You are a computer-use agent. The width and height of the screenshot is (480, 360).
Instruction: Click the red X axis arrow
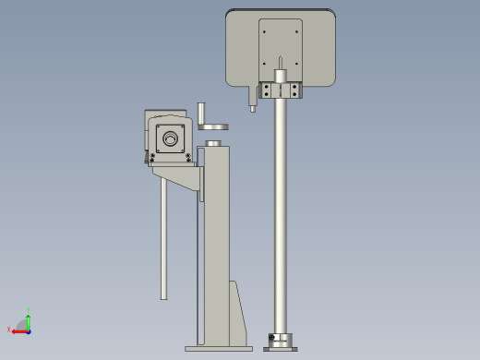[x=18, y=329]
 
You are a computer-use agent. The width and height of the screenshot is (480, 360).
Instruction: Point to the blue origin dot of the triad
[x=29, y=330]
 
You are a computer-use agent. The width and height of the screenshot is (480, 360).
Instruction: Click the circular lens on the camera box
[x=170, y=139]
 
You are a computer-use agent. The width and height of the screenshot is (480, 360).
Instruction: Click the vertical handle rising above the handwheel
[x=200, y=112]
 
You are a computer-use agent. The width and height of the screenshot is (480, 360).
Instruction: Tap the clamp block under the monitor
[x=280, y=90]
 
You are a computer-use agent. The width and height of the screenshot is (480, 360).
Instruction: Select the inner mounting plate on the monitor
[x=280, y=46]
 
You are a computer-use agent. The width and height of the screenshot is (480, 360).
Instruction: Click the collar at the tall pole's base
[x=280, y=341]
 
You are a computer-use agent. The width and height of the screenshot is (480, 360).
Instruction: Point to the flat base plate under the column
[x=218, y=348]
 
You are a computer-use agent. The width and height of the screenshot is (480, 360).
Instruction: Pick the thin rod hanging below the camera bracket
[x=163, y=240]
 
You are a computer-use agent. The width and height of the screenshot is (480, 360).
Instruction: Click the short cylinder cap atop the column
[x=213, y=143]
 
